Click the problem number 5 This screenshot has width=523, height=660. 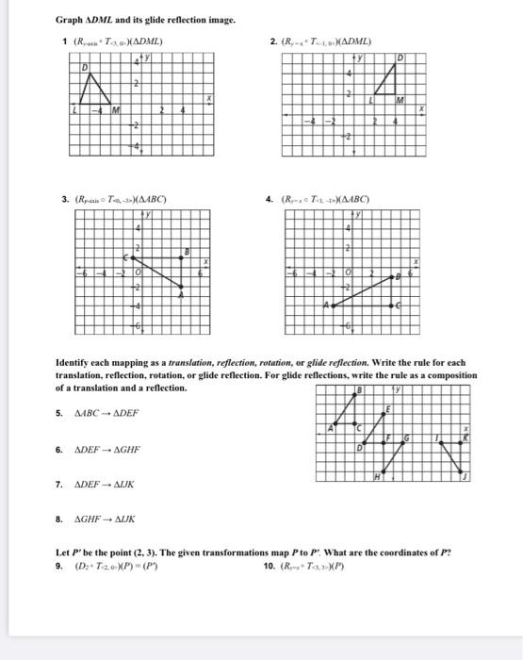[x=59, y=413]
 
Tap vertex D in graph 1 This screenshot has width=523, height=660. [x=84, y=70]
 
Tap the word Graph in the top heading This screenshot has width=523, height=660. [x=71, y=20]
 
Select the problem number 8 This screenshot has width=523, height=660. [x=59, y=519]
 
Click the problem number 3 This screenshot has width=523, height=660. [x=64, y=199]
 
